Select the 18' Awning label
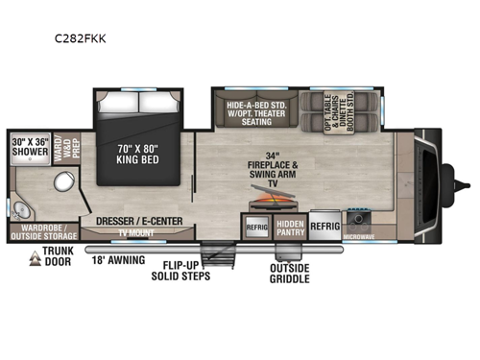pyautogui.click(x=118, y=260)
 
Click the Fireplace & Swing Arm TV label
pyautogui.click(x=275, y=168)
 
